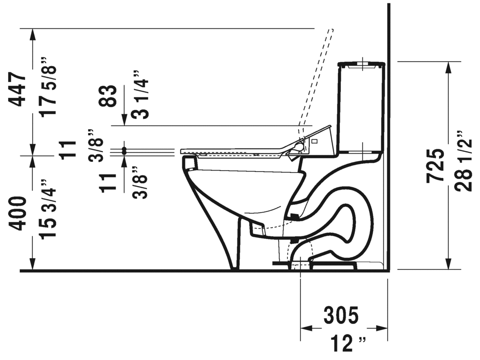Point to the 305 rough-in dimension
pyautogui.click(x=340, y=316)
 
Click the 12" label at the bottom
pyautogui.click(x=348, y=344)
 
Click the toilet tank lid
pyautogui.click(x=361, y=64)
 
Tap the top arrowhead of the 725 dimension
pyautogui.click(x=449, y=68)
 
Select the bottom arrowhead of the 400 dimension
pyautogui.click(x=32, y=265)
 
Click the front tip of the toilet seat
pyautogui.click(x=182, y=151)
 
